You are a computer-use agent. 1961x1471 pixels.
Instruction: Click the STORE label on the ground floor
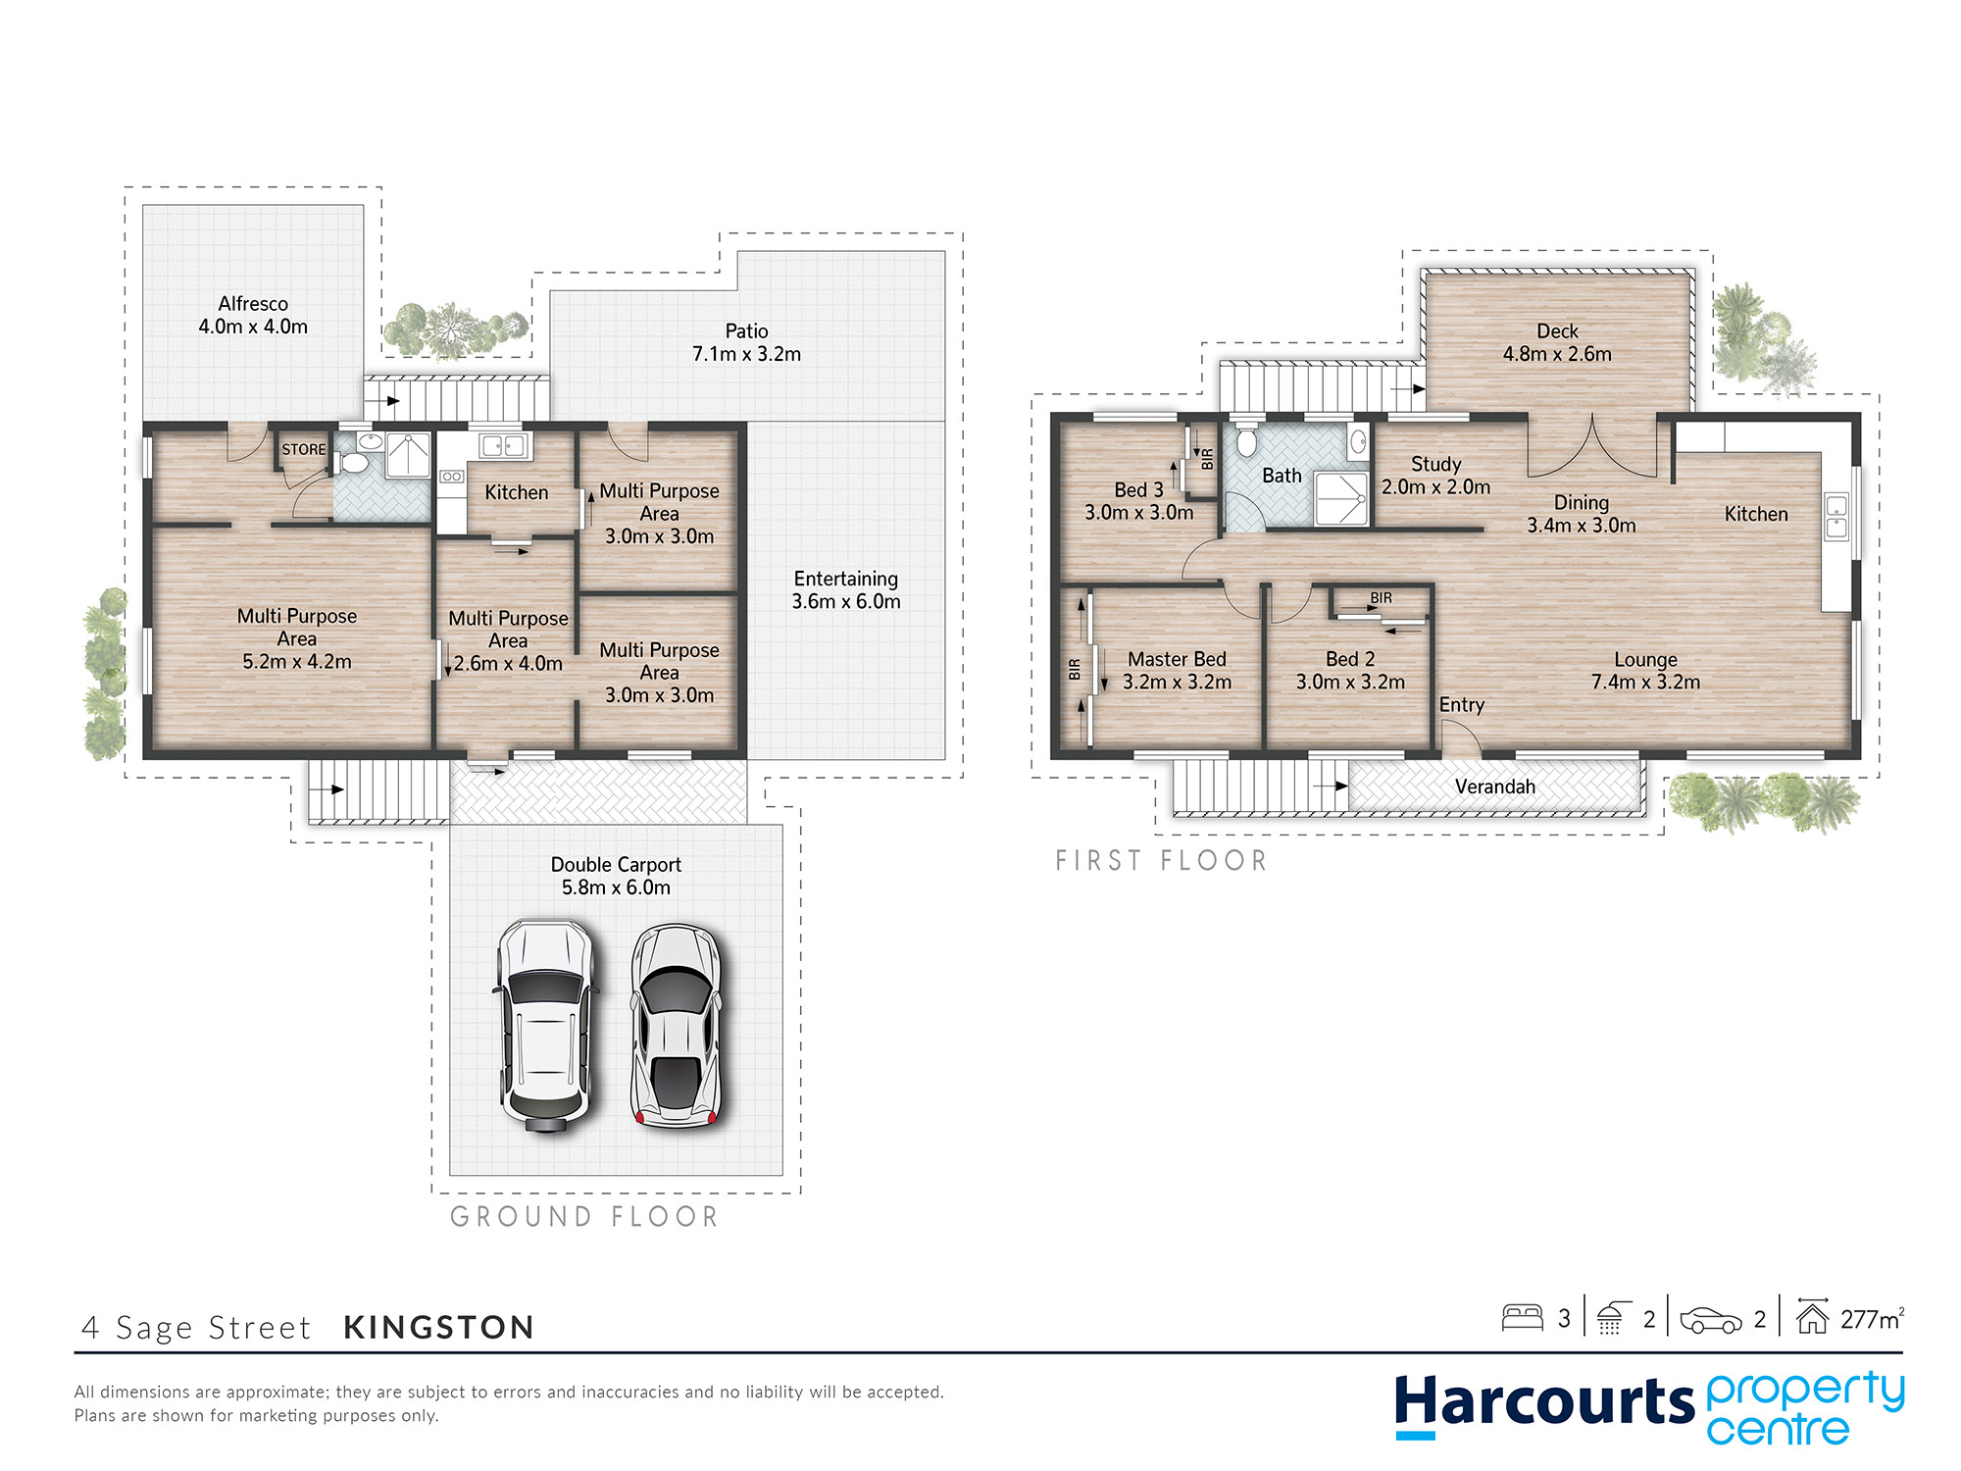tap(304, 449)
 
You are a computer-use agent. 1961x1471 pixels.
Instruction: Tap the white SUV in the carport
tap(546, 1026)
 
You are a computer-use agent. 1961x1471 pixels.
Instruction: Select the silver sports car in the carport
tap(677, 1024)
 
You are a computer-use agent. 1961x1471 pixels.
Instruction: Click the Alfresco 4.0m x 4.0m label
tap(253, 315)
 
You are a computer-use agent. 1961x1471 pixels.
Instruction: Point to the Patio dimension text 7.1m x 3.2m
tap(746, 354)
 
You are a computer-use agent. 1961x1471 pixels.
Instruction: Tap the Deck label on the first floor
tap(1557, 331)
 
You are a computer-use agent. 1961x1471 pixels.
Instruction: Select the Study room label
tap(1435, 464)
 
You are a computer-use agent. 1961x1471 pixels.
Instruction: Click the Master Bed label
tap(1177, 659)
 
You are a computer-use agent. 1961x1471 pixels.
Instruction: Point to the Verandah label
tap(1494, 786)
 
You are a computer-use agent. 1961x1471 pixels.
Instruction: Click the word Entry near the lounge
tap(1461, 705)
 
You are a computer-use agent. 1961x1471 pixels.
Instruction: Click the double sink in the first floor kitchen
tap(1835, 517)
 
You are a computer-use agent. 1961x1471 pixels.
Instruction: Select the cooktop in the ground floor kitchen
tap(451, 477)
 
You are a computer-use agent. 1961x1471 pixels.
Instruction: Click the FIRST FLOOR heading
tap(1162, 861)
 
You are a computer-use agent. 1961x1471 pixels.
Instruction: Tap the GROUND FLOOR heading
tap(584, 1217)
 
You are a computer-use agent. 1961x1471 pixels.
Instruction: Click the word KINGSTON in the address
tap(438, 1328)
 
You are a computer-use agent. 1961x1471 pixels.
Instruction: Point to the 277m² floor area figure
tap(1872, 1319)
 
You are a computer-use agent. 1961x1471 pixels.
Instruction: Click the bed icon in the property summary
tap(1522, 1317)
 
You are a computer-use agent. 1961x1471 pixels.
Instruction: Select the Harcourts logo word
tap(1544, 1402)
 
